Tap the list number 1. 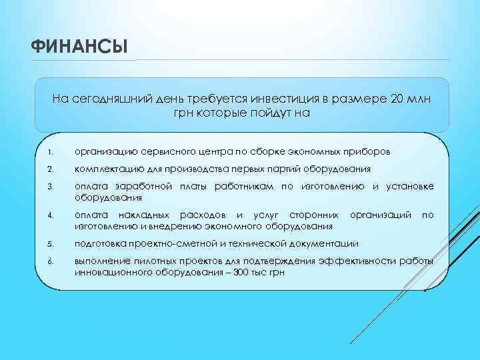42,152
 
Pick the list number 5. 42,243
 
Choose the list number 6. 42,261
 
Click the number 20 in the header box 399,99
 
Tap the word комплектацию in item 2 107,169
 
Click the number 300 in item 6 243,271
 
